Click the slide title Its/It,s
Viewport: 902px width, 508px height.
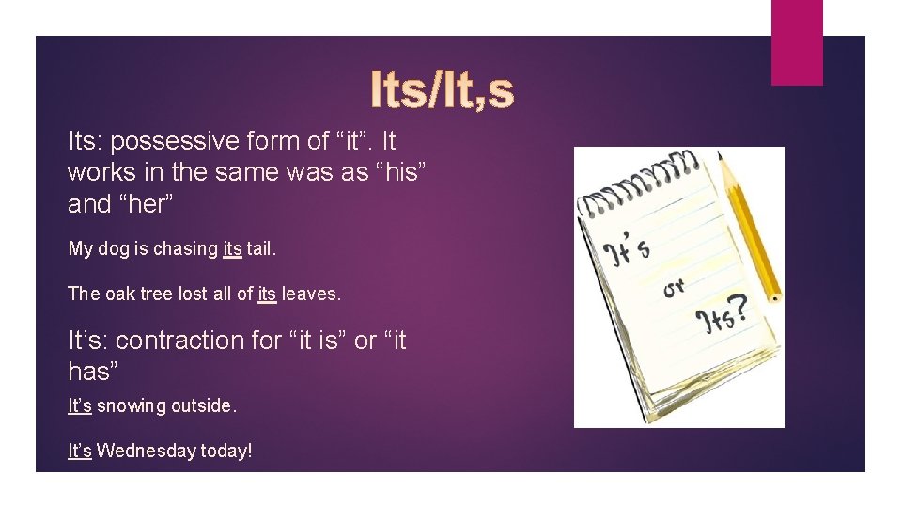pos(443,90)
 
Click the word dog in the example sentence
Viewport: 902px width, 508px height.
pos(113,249)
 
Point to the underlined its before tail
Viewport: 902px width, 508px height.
pos(232,248)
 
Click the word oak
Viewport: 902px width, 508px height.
pos(116,294)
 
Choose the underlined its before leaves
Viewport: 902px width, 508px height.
pos(267,294)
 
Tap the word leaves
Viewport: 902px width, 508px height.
pos(311,294)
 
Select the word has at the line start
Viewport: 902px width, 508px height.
pos(89,372)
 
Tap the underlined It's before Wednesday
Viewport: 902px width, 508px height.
pos(80,451)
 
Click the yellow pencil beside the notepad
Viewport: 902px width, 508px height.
pos(750,227)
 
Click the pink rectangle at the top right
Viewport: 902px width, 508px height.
pos(797,42)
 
